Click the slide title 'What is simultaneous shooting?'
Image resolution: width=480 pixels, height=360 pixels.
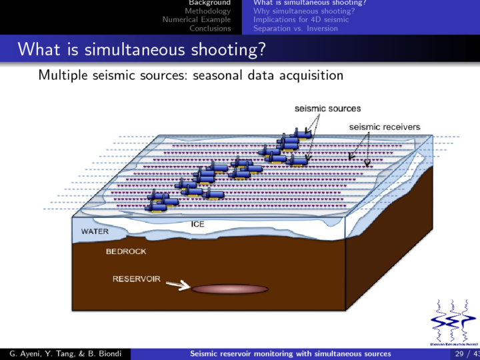[141, 49]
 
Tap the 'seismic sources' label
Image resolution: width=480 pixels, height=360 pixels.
[328, 109]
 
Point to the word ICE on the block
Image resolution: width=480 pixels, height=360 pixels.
[197, 224]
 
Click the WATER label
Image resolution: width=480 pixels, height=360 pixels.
[95, 232]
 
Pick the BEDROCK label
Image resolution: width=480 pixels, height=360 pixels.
[126, 251]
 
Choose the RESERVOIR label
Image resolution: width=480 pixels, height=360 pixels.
[136, 279]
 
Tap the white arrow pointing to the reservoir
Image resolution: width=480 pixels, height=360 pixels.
[177, 285]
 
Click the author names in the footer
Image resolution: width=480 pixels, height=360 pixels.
[65, 353]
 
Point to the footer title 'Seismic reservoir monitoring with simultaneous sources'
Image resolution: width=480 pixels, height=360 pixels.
[291, 353]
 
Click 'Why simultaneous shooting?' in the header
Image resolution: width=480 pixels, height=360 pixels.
[303, 11]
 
